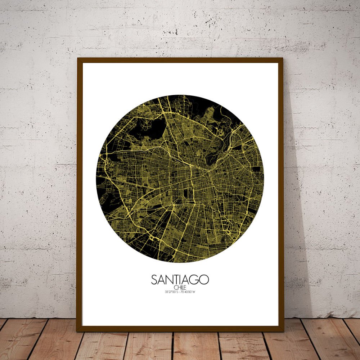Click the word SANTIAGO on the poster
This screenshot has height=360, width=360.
[x=180, y=280]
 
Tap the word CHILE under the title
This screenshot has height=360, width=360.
[x=180, y=287]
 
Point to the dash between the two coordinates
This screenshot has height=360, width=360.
[x=180, y=292]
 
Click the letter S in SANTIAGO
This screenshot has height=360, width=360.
[x=154, y=280]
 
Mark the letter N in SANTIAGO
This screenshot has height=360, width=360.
[x=168, y=280]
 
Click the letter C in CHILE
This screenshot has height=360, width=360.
[x=175, y=287]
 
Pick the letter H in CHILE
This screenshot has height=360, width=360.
[x=177, y=287]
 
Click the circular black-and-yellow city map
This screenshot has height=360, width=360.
[x=180, y=179]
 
